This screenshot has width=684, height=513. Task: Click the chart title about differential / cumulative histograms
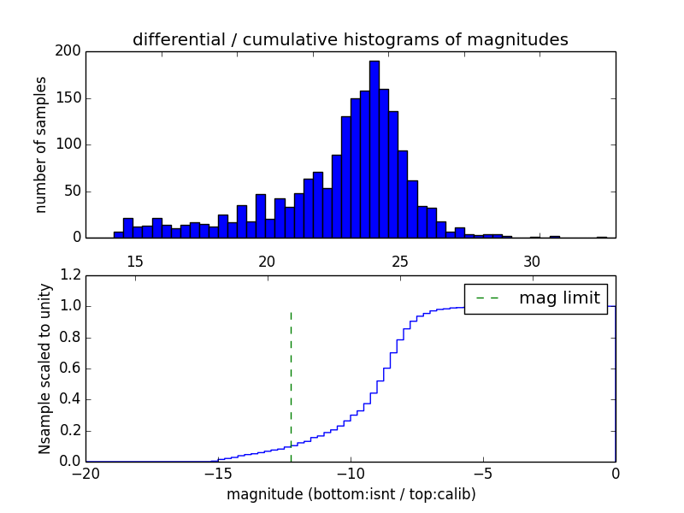pyautogui.click(x=350, y=39)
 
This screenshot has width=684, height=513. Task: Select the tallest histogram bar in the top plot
pyautogui.click(x=374, y=150)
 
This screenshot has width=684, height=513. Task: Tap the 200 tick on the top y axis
pyautogui.click(x=69, y=51)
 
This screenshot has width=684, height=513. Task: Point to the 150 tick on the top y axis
pyautogui.click(x=69, y=98)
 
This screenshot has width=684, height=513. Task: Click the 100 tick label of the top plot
pyautogui.click(x=69, y=144)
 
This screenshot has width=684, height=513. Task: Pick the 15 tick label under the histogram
pyautogui.click(x=134, y=261)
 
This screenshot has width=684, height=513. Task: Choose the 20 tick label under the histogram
pyautogui.click(x=267, y=261)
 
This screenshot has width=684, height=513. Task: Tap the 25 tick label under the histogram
pyautogui.click(x=399, y=261)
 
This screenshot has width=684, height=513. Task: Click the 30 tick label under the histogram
pyautogui.click(x=532, y=261)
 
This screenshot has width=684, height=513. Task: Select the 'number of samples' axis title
pyautogui.click(x=41, y=144)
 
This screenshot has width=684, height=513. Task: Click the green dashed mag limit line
pyautogui.click(x=291, y=376)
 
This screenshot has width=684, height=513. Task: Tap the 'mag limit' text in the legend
pyautogui.click(x=559, y=298)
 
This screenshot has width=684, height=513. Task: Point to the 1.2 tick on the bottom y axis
pyautogui.click(x=69, y=275)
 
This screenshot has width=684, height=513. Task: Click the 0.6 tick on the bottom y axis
pyautogui.click(x=69, y=369)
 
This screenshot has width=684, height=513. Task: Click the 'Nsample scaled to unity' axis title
pyautogui.click(x=44, y=369)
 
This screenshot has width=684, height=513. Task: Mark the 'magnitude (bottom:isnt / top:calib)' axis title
pyautogui.click(x=351, y=494)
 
